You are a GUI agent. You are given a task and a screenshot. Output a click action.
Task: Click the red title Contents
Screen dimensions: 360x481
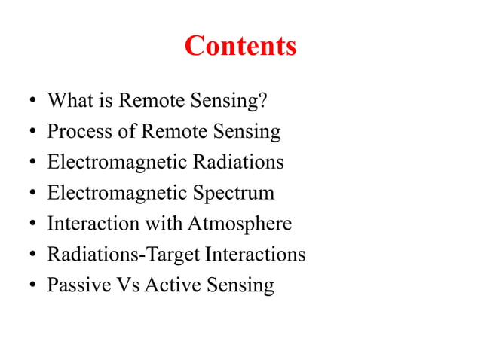(240, 47)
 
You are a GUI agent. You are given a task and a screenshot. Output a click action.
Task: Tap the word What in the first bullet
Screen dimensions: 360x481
(67, 101)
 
